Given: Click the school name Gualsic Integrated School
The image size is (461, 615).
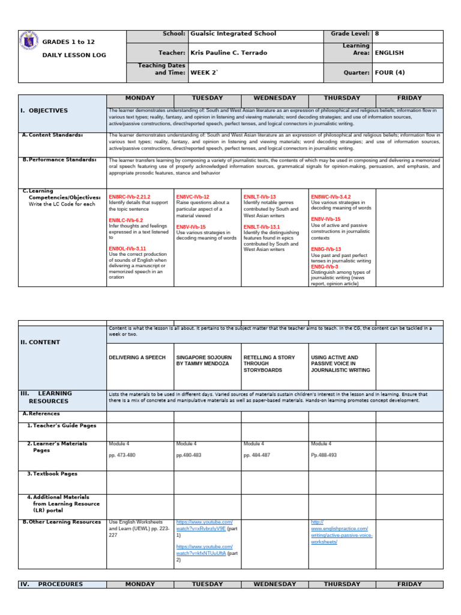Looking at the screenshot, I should pyautogui.click(x=233, y=34).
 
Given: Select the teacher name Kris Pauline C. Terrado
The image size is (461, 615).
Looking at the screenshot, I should pyautogui.click(x=229, y=53).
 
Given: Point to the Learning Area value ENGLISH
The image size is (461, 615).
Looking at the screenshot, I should pyautogui.click(x=389, y=53).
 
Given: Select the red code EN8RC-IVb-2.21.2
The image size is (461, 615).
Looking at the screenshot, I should pyautogui.click(x=130, y=197).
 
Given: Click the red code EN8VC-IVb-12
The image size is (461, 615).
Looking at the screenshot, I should pyautogui.click(x=193, y=197).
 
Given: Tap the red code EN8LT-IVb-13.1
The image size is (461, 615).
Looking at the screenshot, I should pyautogui.click(x=262, y=227).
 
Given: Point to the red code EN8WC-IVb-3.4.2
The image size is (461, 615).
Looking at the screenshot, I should pyautogui.click(x=331, y=197).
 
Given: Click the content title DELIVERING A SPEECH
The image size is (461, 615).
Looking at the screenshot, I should pyautogui.click(x=137, y=357).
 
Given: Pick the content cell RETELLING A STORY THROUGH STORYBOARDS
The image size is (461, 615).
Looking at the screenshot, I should pyautogui.click(x=270, y=364).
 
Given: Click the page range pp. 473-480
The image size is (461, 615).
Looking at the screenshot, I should pyautogui.click(x=122, y=456).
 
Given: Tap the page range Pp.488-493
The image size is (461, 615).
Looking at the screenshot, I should pyautogui.click(x=324, y=456).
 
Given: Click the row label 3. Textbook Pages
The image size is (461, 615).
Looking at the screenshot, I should pyautogui.click(x=53, y=474).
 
